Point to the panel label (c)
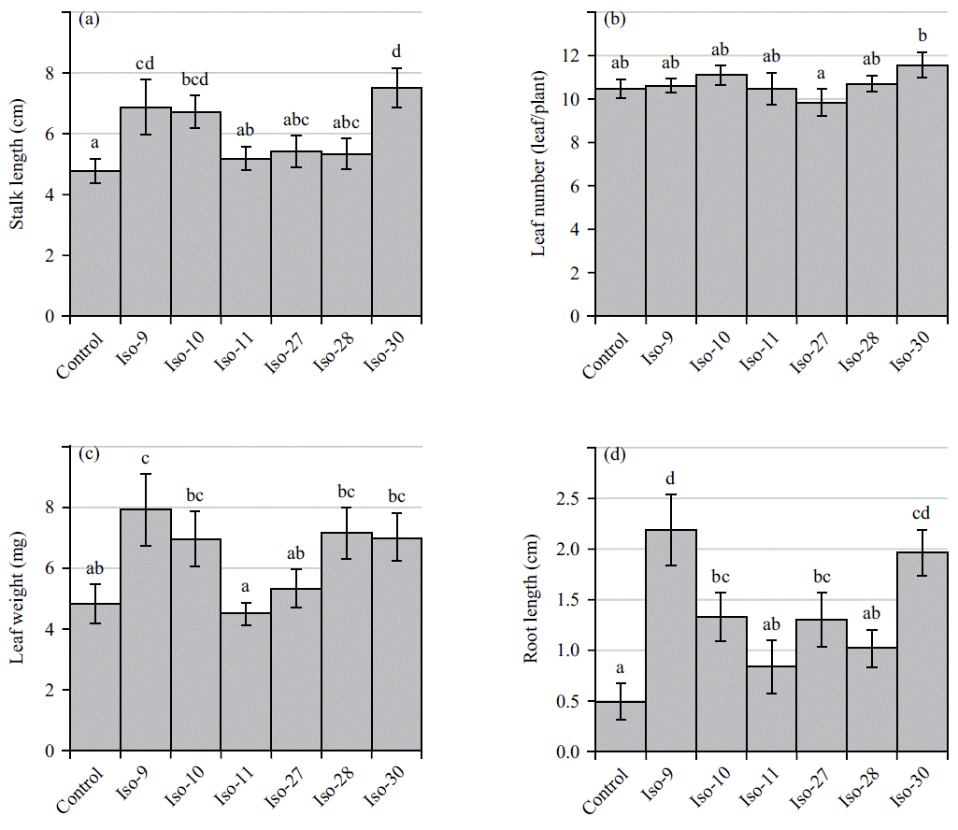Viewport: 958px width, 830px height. pyautogui.click(x=91, y=455)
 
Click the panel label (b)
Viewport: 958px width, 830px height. pyautogui.click(x=617, y=19)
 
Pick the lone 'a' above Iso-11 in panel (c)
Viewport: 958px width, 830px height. pyautogui.click(x=246, y=587)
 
